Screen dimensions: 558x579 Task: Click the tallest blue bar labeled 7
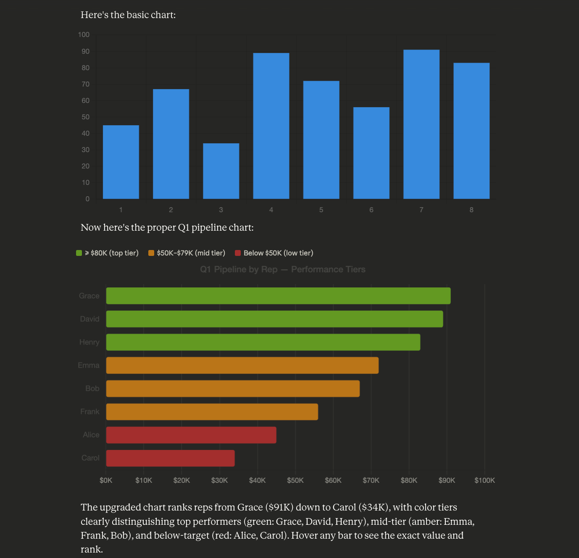(421, 124)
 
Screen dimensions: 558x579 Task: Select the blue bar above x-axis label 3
(221, 171)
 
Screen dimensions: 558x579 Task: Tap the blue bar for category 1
(121, 162)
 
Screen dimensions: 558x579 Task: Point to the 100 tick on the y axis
(84, 34)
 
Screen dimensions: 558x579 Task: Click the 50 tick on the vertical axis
(85, 117)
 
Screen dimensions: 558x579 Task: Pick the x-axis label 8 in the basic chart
(471, 210)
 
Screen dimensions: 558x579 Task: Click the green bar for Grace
(278, 296)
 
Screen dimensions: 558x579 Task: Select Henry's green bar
(263, 342)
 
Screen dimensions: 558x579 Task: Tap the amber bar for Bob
(233, 389)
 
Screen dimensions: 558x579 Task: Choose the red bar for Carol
(170, 458)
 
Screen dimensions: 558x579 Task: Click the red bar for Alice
(191, 435)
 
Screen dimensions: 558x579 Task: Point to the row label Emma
(89, 365)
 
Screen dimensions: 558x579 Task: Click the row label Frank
(90, 412)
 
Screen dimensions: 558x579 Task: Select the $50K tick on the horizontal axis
(295, 480)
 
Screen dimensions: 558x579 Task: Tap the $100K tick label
(484, 480)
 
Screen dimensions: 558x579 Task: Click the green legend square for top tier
(79, 253)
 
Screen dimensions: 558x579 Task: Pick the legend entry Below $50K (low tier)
(278, 253)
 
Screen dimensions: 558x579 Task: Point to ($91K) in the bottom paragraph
(279, 507)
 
